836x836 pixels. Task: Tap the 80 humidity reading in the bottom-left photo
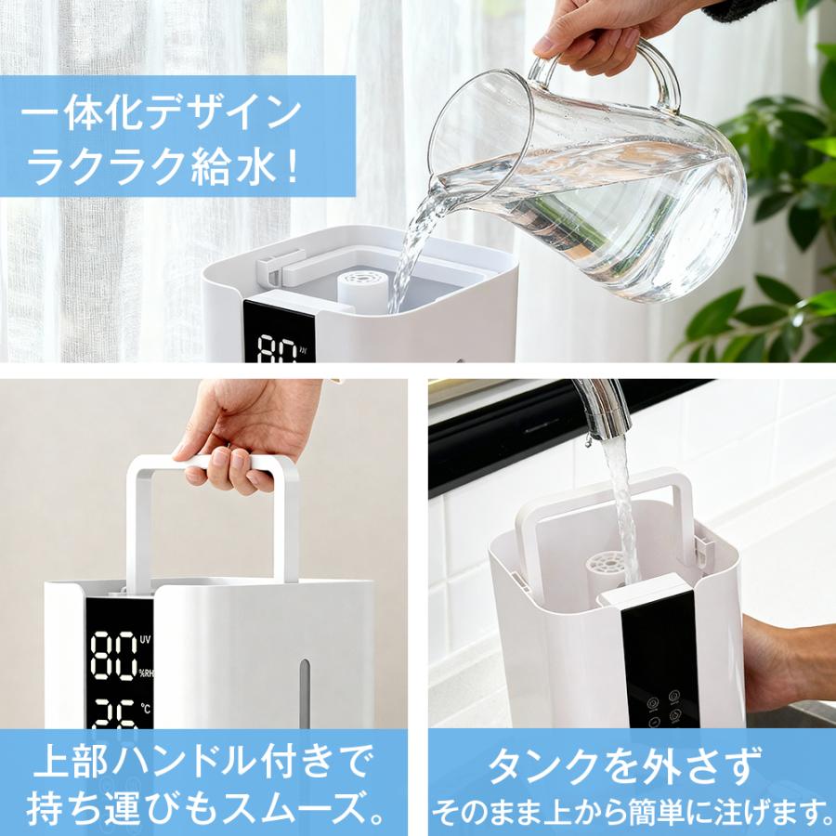(x=112, y=656)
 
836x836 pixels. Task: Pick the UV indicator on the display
(x=147, y=640)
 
